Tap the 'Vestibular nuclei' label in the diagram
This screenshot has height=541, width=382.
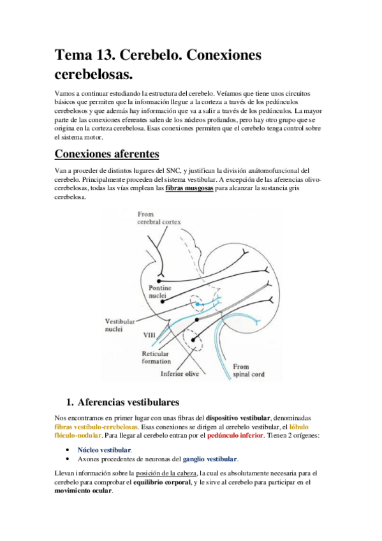coord(119,325)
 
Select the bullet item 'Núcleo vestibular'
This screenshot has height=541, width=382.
coord(105,450)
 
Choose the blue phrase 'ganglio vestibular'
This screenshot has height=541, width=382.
coord(210,459)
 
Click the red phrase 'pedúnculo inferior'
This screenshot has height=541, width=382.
coord(235,436)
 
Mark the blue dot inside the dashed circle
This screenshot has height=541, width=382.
coord(198,306)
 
